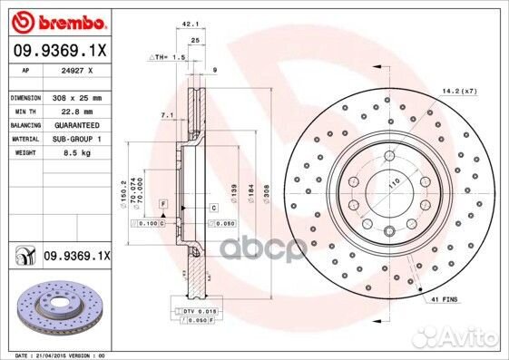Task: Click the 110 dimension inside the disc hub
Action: point(392,184)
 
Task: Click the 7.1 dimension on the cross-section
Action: point(166,115)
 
